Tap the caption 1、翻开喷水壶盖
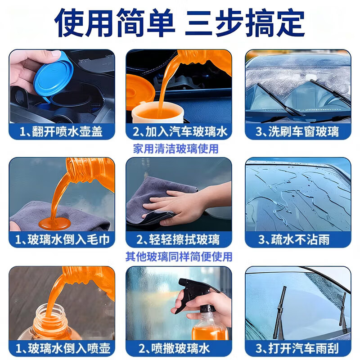click(x=62, y=131)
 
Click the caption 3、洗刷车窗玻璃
click(x=297, y=131)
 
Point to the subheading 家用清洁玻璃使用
click(x=175, y=148)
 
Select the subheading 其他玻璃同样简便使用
click(x=179, y=256)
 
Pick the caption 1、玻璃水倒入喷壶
click(x=62, y=348)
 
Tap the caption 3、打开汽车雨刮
click(x=297, y=348)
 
